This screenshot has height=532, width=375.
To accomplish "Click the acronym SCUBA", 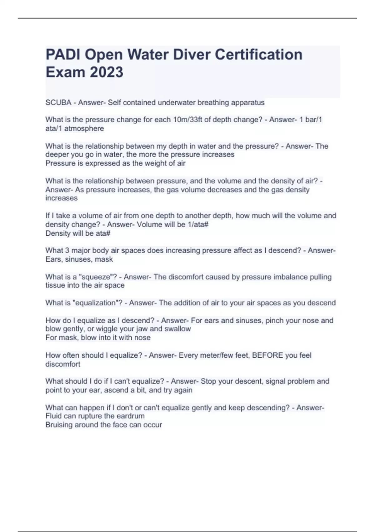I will pyautogui.click(x=58, y=103).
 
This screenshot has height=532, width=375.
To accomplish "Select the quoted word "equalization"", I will pyautogui.click(x=97, y=303).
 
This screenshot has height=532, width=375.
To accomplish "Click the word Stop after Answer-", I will pyautogui.click(x=208, y=381).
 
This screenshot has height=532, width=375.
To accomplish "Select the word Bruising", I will pyautogui.click(x=59, y=425).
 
